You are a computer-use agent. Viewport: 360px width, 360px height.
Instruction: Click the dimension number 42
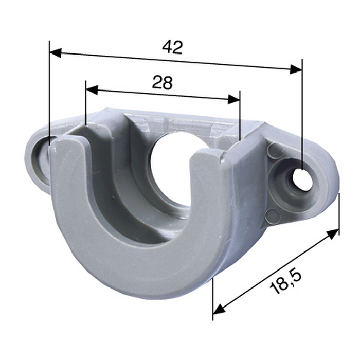(x=172, y=47)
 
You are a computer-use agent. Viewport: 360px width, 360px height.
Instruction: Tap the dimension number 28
(x=162, y=83)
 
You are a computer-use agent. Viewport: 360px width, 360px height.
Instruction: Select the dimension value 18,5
(x=286, y=282)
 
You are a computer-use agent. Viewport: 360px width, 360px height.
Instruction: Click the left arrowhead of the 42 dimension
(x=56, y=53)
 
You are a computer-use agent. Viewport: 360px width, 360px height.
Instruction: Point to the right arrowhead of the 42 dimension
(x=296, y=69)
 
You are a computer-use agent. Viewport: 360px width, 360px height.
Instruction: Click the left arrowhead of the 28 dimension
(x=92, y=89)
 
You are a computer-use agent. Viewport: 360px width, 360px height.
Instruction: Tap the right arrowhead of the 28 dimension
(x=233, y=99)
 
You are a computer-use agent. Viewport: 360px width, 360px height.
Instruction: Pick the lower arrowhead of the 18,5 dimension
(x=219, y=309)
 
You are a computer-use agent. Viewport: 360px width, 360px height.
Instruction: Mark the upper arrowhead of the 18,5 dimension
(x=333, y=234)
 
